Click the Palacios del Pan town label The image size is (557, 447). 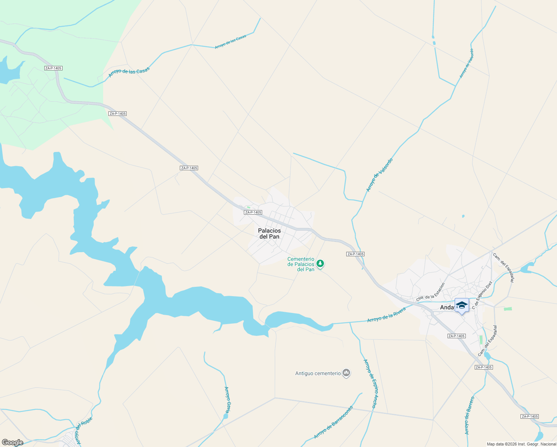[269, 234]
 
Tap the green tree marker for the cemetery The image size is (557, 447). [320, 264]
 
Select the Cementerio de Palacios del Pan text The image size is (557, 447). [301, 264]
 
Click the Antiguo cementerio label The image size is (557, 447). [318, 373]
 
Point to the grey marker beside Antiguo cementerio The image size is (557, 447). [346, 372]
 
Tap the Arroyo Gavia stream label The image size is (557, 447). [227, 400]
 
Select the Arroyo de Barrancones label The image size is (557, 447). [333, 422]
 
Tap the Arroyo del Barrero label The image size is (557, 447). [470, 415]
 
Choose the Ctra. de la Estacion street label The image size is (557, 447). [430, 292]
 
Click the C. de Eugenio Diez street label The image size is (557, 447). [482, 295]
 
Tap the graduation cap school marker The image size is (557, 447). [462, 305]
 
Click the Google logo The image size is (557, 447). [12, 443]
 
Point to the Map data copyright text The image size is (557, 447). [521, 444]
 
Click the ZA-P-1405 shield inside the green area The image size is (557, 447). [53, 68]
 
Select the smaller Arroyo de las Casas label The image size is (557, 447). [230, 42]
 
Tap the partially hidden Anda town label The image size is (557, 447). [447, 307]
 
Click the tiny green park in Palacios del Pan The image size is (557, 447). [248, 207]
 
